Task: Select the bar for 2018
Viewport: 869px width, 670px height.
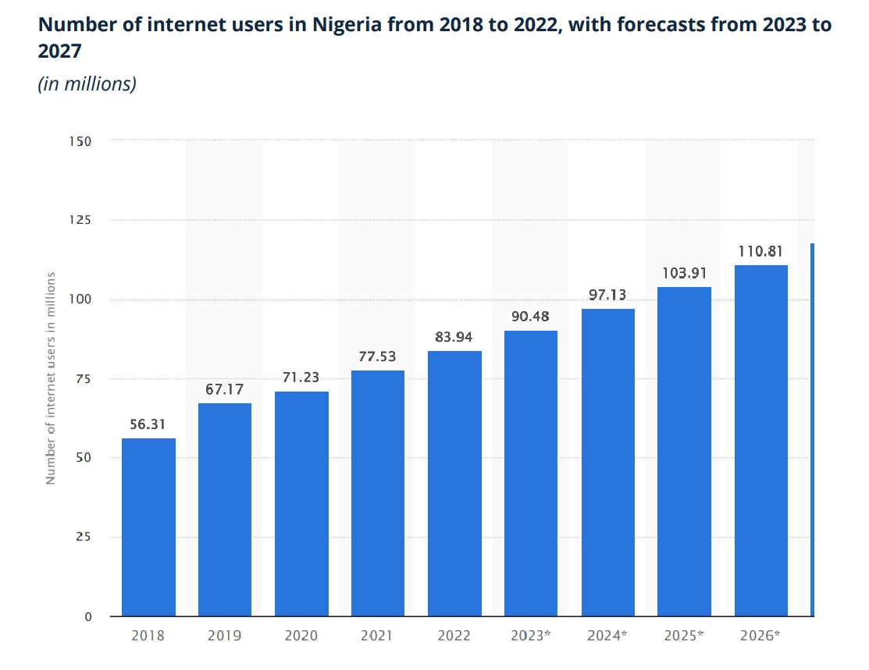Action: coord(148,527)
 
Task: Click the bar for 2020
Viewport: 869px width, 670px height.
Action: coord(301,504)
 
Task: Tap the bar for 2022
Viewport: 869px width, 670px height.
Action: coord(454,484)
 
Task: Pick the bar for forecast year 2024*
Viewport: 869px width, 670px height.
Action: coord(607,463)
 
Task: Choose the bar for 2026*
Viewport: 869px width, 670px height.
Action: coord(761,441)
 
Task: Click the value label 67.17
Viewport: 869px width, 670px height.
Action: coord(225,388)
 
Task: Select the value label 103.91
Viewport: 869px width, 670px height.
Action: coord(684,272)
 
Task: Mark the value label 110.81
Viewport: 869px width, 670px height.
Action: coord(761,251)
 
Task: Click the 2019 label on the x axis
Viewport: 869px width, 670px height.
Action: coord(225,636)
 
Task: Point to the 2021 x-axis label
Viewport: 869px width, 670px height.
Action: coord(378,636)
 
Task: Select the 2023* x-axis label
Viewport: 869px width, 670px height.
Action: coord(531,636)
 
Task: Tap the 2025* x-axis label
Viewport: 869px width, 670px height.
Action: coord(684,636)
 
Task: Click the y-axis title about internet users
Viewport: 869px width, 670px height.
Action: coord(51,378)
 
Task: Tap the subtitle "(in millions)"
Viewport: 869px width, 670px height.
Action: coord(87,83)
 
